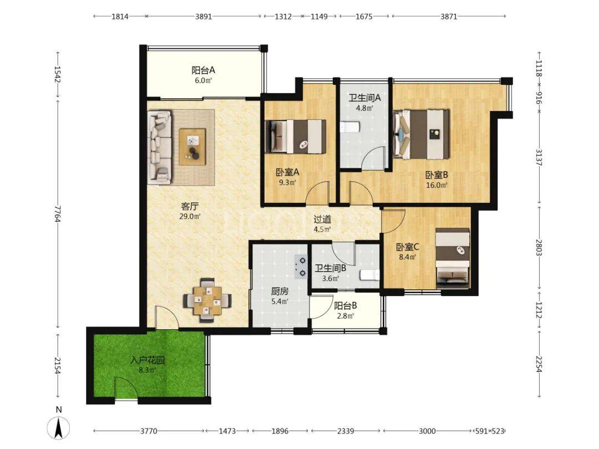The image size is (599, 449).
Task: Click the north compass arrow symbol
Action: (x=58, y=428)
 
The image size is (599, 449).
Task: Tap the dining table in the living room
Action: (x=207, y=300)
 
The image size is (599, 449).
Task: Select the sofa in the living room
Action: (x=160, y=147)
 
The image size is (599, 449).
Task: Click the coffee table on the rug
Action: (x=192, y=146)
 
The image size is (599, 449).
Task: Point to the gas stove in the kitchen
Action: (x=301, y=267)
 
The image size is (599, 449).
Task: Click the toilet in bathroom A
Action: (x=349, y=127)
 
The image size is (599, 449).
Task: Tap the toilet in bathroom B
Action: (x=369, y=275)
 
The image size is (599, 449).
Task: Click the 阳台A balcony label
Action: (x=203, y=70)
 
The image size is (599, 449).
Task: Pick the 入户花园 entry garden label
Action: (x=147, y=360)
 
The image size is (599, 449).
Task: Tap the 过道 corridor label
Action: (x=322, y=220)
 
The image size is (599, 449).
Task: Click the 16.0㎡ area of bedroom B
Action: (x=436, y=186)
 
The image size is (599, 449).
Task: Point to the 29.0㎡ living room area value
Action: (x=190, y=217)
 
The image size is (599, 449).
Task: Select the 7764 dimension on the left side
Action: (x=58, y=214)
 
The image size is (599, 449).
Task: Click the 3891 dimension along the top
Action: (x=204, y=17)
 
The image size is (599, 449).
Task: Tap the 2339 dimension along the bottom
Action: (x=346, y=431)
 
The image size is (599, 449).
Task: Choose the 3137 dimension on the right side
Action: (x=539, y=157)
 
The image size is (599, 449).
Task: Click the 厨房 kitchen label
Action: (x=280, y=292)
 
